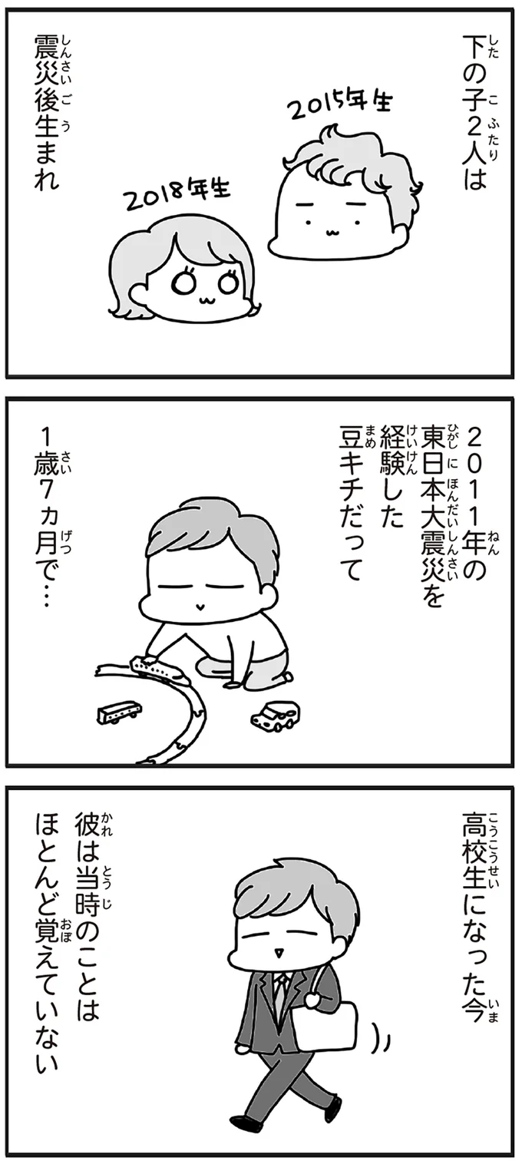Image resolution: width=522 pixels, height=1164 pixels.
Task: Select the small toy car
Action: (275, 716)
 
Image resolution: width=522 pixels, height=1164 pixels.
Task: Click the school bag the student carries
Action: (332, 1022)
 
